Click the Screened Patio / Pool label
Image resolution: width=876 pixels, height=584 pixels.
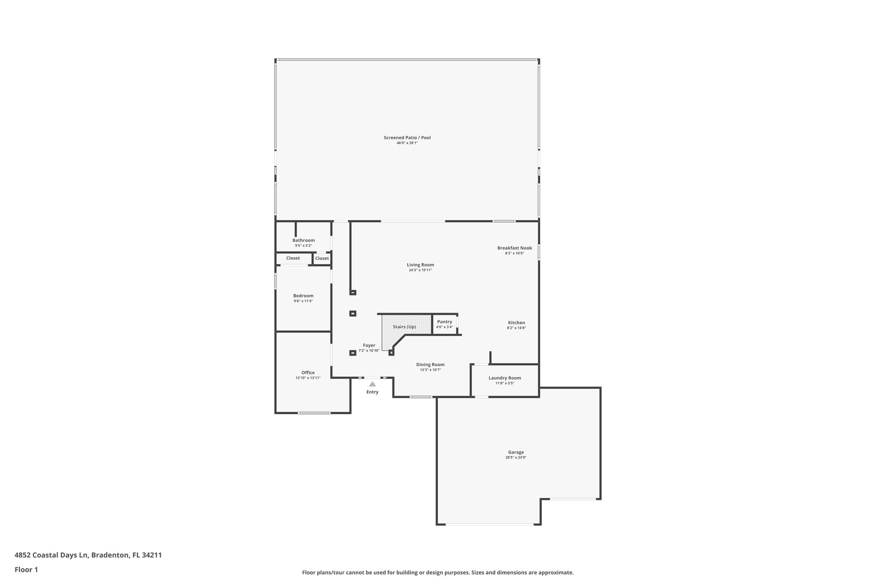point(407,137)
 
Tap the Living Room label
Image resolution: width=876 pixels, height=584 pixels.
point(420,265)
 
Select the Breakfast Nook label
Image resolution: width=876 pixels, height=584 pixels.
point(514,248)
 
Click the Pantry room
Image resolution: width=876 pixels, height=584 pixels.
point(444,324)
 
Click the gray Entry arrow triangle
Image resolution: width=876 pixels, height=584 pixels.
point(372,384)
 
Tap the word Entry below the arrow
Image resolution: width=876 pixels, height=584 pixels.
point(372,392)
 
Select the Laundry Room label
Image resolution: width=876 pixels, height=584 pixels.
point(505,378)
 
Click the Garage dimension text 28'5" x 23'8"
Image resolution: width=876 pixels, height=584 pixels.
point(515,457)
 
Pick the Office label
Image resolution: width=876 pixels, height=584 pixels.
point(308,373)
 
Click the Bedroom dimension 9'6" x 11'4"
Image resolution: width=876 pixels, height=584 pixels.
point(303,301)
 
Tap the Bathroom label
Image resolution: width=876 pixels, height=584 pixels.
point(303,240)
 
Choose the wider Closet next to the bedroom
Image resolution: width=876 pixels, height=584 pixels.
point(293,258)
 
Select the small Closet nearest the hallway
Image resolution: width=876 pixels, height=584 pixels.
point(322,258)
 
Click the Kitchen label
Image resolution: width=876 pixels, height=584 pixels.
point(516,323)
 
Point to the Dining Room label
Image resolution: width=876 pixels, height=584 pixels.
point(430,365)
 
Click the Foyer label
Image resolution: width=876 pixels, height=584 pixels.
point(369,345)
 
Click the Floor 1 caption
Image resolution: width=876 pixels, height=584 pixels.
point(26,569)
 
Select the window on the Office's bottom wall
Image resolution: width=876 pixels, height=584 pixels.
point(314,413)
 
